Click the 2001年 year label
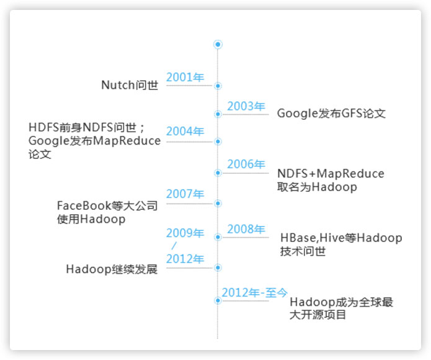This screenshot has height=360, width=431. click(x=185, y=78)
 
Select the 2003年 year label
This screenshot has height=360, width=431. click(x=246, y=106)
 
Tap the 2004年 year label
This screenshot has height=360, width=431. click(x=185, y=132)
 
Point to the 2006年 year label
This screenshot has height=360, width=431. click(x=246, y=164)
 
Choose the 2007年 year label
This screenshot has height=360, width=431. click(x=185, y=194)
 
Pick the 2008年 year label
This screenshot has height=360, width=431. click(x=246, y=229)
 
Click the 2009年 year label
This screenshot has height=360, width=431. click(x=185, y=233)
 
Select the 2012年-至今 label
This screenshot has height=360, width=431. click(x=254, y=292)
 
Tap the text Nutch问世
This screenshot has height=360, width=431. click(x=130, y=85)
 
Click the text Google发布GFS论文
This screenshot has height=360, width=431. click(x=331, y=114)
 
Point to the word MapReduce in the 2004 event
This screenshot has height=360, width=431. click(x=127, y=141)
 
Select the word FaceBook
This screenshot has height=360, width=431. click(x=84, y=205)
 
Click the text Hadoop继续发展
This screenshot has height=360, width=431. click(x=112, y=269)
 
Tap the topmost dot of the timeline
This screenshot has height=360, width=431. click(x=218, y=44)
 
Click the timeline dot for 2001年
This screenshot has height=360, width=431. click(x=218, y=86)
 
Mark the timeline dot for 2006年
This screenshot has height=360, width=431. click(x=218, y=173)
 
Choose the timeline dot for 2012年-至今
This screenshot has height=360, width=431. click(x=218, y=300)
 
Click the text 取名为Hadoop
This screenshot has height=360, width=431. click(x=317, y=187)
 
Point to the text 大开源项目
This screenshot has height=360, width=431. click(x=318, y=315)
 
